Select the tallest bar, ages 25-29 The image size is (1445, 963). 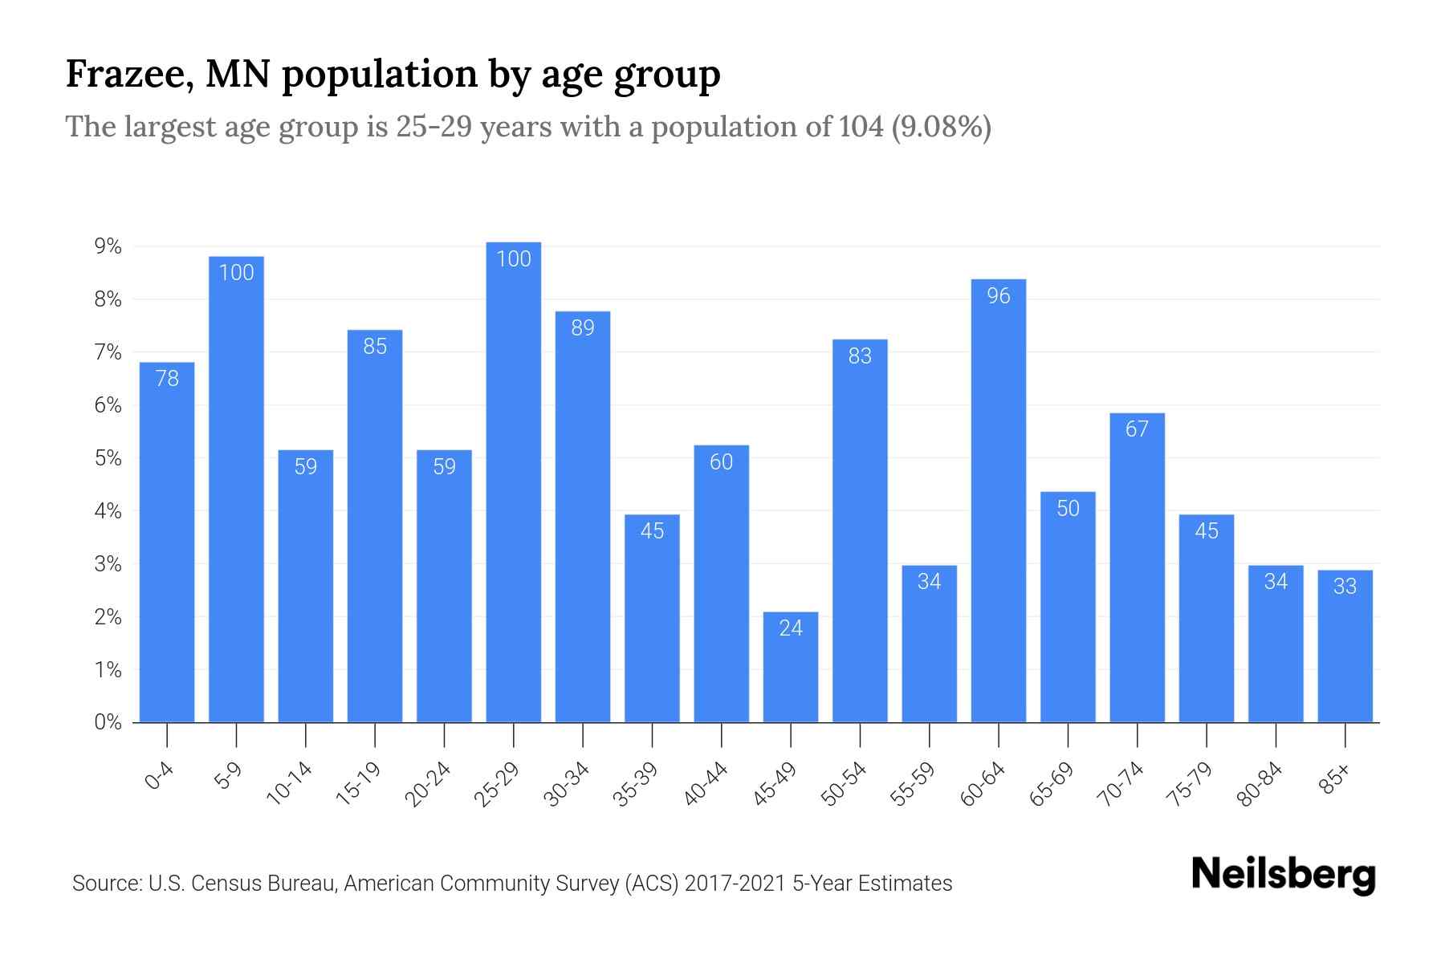514,481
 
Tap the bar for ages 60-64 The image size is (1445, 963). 999,502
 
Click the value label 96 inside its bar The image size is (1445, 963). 999,296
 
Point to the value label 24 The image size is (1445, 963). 791,628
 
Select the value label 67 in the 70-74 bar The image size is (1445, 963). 1137,429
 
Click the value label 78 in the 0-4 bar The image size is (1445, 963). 167,379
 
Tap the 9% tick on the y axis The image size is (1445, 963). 108,247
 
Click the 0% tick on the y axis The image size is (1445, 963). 108,722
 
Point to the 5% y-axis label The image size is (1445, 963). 108,458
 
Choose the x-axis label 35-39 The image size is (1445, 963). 636,784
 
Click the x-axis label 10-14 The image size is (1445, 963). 289,784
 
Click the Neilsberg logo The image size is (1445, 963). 1283,875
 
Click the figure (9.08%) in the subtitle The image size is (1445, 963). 942,127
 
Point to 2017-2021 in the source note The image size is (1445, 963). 735,884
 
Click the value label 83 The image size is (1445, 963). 860,356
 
